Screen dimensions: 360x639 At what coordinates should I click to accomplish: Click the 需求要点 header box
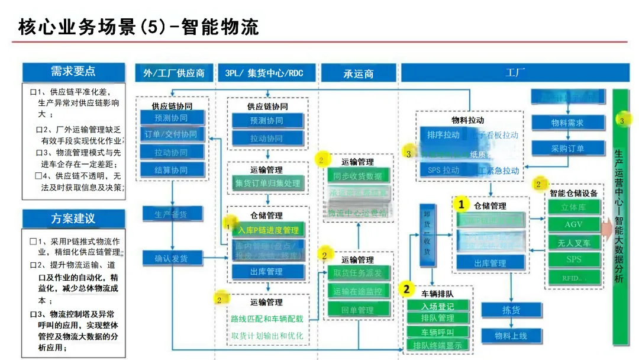73,72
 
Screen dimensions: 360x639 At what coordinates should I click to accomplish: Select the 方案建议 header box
73,218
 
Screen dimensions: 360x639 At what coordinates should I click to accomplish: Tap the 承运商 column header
359,73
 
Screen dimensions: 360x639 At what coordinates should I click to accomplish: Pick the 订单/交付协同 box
172,134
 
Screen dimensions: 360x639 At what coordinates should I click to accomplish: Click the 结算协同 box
172,170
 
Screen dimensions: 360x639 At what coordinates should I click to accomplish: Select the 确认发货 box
172,258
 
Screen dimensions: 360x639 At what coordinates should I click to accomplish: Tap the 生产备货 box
172,214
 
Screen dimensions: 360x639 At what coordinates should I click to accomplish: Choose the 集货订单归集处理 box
267,184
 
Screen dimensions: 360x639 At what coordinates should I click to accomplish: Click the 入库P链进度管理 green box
267,230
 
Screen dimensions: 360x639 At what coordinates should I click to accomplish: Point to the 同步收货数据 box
358,176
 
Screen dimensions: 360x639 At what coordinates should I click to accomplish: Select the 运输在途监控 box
358,291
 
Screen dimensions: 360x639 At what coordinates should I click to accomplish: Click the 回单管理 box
358,310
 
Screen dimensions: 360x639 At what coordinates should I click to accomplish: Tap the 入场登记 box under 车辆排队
438,306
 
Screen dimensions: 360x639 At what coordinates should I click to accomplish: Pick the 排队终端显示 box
438,345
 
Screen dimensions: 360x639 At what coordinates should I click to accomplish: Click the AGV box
573,225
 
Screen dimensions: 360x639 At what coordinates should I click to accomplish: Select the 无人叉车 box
573,242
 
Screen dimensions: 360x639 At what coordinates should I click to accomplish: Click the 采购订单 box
568,149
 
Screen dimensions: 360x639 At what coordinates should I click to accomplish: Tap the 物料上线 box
511,336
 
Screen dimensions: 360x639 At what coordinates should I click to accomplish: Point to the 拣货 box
511,310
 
